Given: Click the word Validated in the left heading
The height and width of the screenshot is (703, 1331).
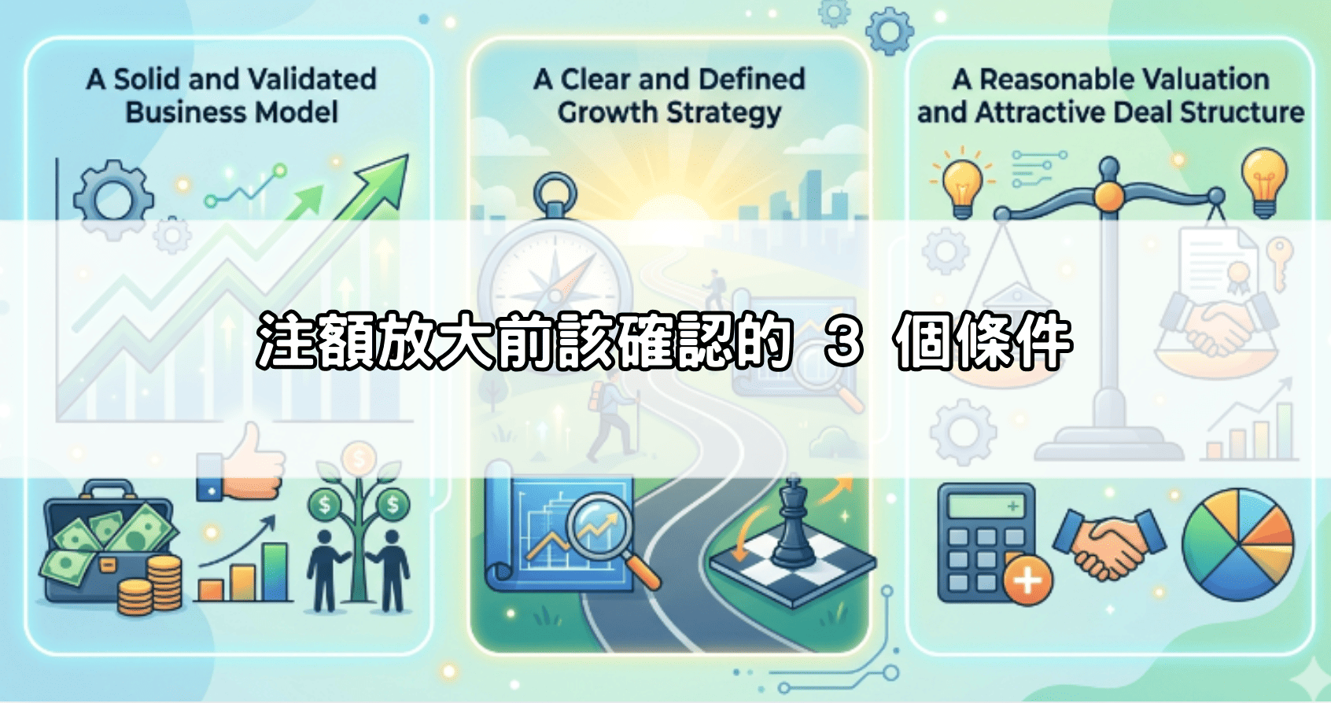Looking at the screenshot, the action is point(312,79).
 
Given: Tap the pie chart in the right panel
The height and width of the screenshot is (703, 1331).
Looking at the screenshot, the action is point(1237,544).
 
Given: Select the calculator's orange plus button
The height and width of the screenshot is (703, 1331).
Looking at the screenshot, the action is point(1028,580).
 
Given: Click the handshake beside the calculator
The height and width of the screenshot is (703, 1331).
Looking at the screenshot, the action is point(1108,542).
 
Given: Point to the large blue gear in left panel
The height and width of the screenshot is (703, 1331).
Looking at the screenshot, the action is point(113,198).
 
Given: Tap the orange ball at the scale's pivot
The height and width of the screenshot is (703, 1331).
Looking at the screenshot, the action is point(1108,195).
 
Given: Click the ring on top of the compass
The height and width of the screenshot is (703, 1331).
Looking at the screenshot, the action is point(555,191).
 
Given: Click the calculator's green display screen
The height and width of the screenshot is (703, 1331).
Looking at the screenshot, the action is point(986,506).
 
